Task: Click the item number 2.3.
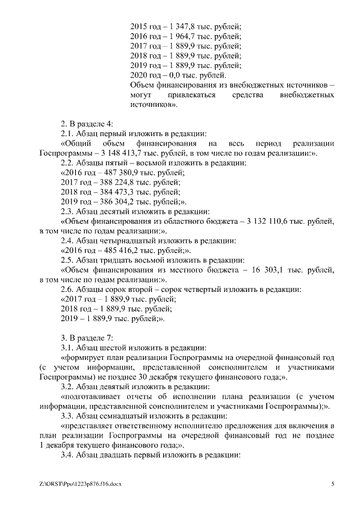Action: [x=67, y=212]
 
